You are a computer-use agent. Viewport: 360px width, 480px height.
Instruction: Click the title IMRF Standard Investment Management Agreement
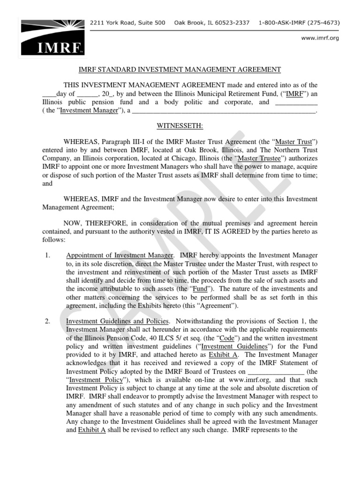(179, 70)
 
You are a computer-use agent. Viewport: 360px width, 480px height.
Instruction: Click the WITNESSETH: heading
(180, 126)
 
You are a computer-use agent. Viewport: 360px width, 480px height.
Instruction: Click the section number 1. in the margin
(47, 255)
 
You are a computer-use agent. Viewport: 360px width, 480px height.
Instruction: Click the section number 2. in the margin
(47, 321)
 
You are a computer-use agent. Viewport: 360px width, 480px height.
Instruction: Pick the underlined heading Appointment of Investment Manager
(120, 255)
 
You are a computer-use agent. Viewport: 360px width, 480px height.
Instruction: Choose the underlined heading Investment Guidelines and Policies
(117, 321)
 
